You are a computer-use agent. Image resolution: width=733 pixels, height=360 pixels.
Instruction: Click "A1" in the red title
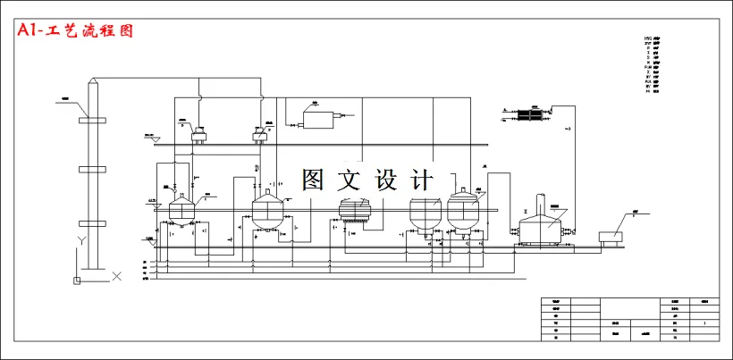(30, 30)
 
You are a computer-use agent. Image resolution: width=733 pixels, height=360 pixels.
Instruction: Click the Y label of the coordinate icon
(80, 241)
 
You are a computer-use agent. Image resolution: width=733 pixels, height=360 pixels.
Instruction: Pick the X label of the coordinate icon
(116, 277)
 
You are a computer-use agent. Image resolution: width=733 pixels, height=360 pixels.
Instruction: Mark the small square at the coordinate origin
(77, 280)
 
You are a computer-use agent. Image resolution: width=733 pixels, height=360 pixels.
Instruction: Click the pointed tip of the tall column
(91, 80)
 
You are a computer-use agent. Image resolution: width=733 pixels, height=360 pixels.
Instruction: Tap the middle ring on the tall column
(91, 168)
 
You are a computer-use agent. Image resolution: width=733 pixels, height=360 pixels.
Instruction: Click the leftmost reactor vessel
(182, 211)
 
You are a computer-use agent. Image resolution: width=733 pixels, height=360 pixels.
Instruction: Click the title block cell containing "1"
(705, 322)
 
